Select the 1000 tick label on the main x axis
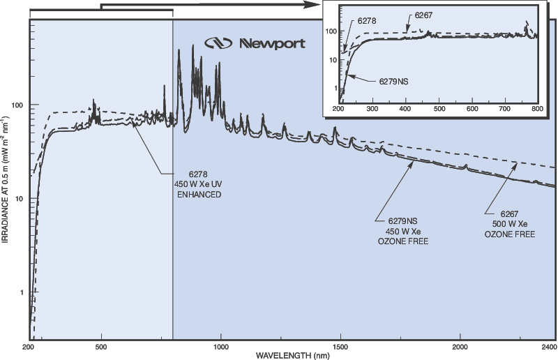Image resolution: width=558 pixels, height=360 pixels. pyautogui.click(x=221, y=347)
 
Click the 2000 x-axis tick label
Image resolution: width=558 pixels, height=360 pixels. pyautogui.click(x=460, y=347)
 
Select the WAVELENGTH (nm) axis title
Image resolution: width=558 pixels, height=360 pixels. pyautogui.click(x=292, y=356)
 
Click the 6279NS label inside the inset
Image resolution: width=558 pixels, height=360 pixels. pyautogui.click(x=393, y=81)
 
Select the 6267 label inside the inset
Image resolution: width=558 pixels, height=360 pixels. pyautogui.click(x=425, y=15)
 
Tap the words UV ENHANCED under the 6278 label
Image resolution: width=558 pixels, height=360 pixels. pyautogui.click(x=202, y=189)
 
